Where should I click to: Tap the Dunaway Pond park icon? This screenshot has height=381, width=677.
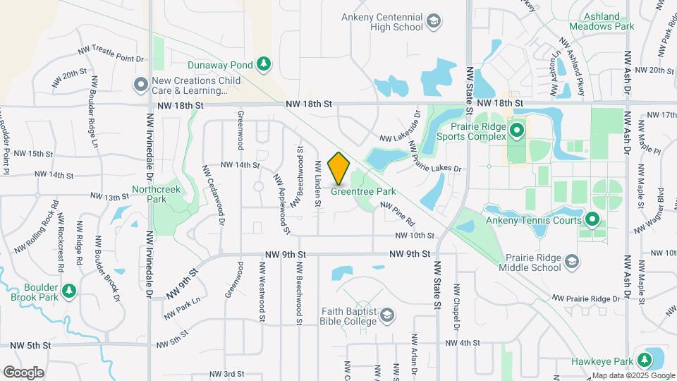click(x=264, y=65)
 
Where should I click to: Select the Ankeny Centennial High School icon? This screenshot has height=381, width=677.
click(x=436, y=22)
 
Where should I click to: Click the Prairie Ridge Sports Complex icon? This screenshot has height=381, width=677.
click(x=517, y=131)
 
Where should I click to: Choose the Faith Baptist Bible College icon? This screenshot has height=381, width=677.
click(x=386, y=315)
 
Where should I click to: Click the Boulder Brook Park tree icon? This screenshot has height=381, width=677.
click(x=68, y=291)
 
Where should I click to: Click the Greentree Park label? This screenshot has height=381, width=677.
click(x=363, y=191)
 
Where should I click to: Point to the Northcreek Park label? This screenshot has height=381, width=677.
click(x=156, y=194)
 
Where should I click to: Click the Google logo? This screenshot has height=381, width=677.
click(x=23, y=372)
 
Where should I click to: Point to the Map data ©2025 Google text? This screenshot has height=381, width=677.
click(x=632, y=375)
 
